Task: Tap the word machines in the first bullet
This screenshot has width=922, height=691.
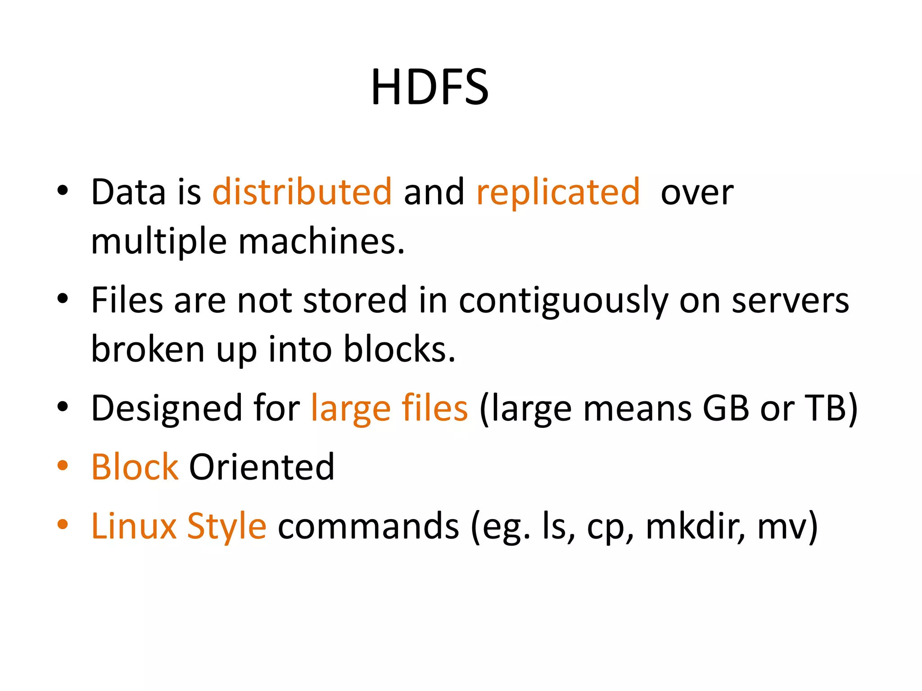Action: pyautogui.click(x=321, y=242)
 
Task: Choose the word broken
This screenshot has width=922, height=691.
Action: pyautogui.click(x=148, y=350)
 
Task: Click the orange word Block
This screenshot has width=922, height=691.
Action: pyautogui.click(x=135, y=467)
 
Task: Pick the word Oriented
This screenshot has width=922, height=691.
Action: pyautogui.click(x=262, y=467)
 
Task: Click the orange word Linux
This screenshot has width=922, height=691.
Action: pyautogui.click(x=134, y=526)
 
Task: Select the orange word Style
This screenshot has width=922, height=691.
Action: pyautogui.click(x=226, y=526)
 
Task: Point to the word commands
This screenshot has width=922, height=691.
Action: pyautogui.click(x=368, y=526)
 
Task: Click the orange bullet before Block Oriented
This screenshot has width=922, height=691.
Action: pyautogui.click(x=63, y=465)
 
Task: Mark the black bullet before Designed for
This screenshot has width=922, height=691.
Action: pyautogui.click(x=63, y=407)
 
